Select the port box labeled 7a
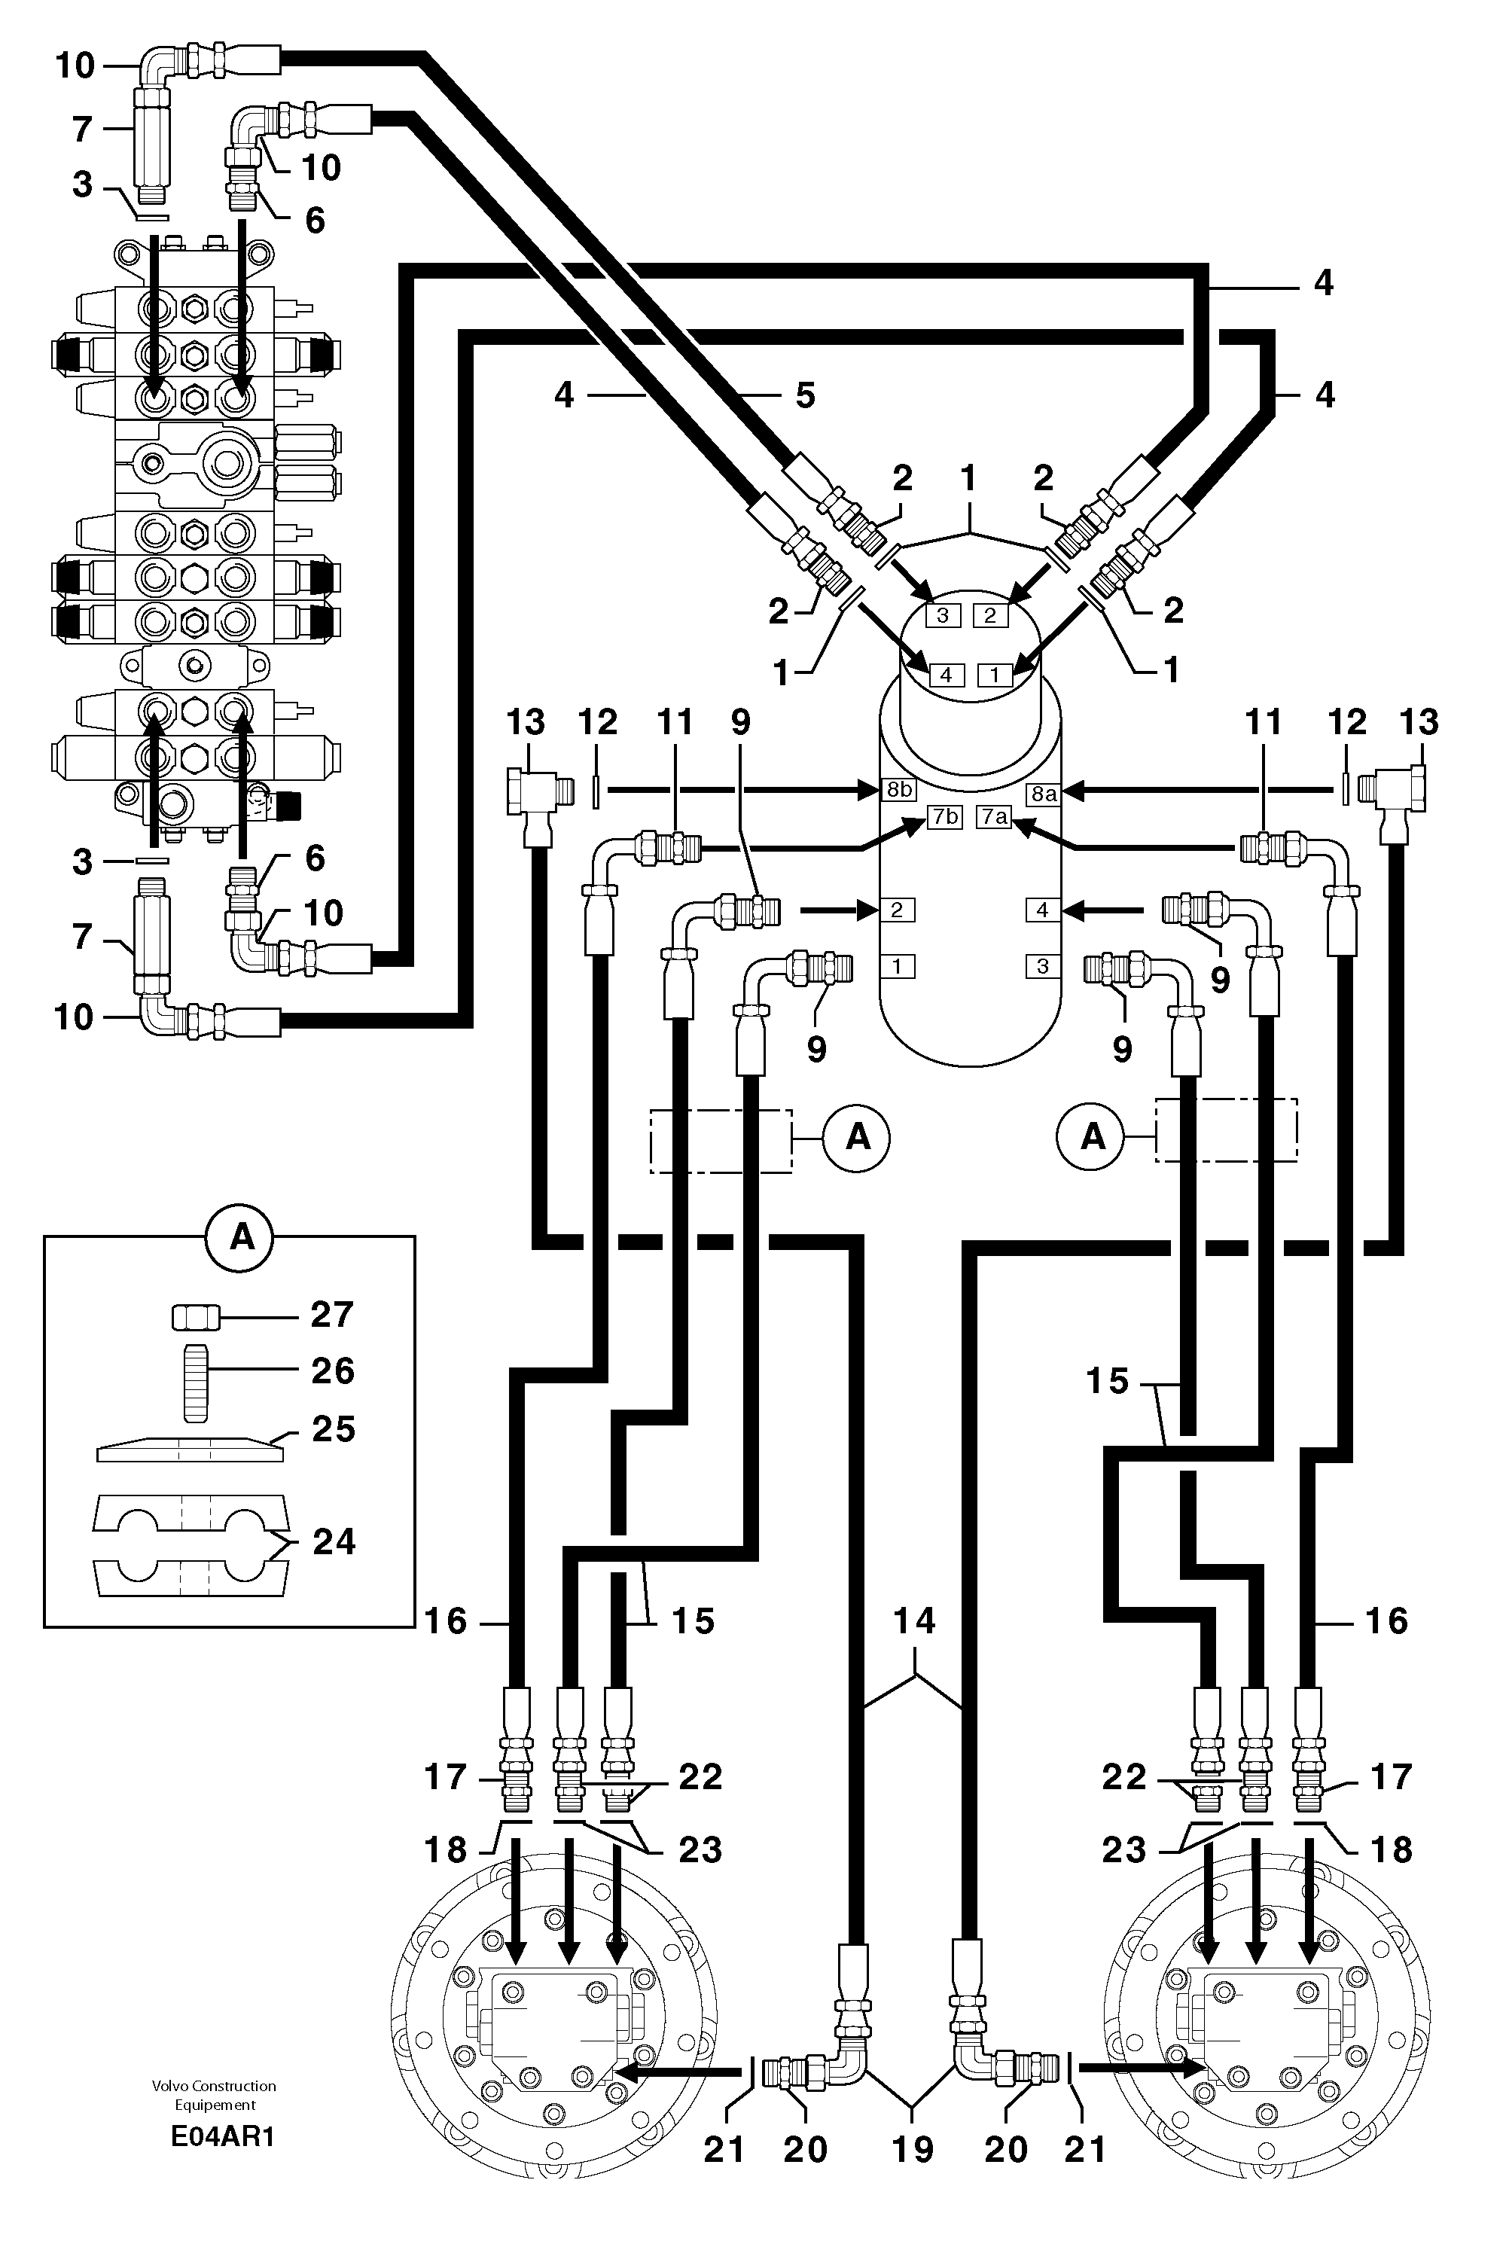click(994, 817)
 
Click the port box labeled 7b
click(944, 817)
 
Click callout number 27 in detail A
click(331, 1315)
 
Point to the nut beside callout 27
click(197, 1319)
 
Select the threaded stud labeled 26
click(195, 1384)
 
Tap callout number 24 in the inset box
click(334, 1541)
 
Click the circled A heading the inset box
click(241, 1237)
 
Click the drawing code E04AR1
click(222, 2138)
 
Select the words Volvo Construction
click(213, 2086)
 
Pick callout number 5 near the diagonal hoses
click(805, 395)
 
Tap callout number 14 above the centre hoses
click(913, 1621)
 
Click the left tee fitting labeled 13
click(533, 797)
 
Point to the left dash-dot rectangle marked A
click(721, 1141)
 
